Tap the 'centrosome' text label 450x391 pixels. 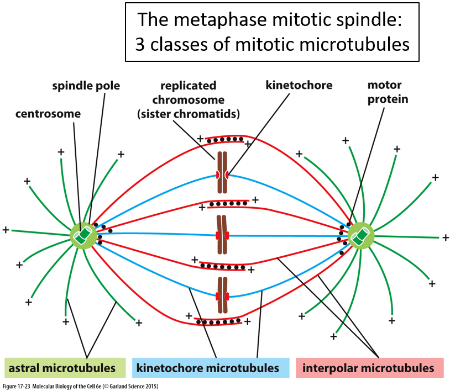(x=48, y=114)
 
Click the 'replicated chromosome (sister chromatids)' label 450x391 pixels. (x=188, y=100)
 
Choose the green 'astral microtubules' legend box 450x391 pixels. (x=65, y=368)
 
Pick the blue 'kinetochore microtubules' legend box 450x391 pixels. (x=211, y=368)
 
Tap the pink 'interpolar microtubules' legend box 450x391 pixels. (x=369, y=368)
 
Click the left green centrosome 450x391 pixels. (x=83, y=235)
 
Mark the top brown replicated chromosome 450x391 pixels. (x=222, y=173)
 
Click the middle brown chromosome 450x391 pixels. (x=222, y=235)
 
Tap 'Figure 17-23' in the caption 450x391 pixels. (x=16, y=386)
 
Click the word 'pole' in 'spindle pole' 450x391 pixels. (x=109, y=86)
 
